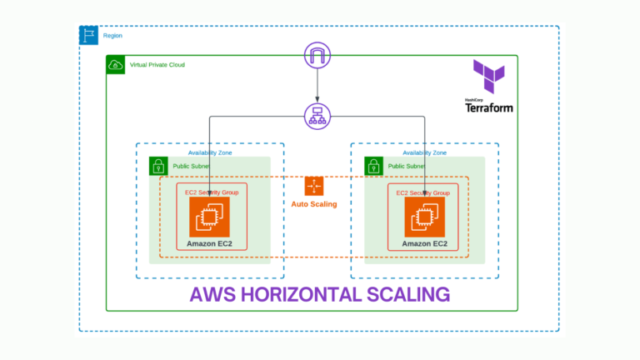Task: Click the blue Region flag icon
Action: tap(88, 35)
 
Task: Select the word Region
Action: tap(112, 36)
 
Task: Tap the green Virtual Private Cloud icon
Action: tap(116, 65)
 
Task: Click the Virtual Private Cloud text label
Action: tap(157, 65)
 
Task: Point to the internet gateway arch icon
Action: tap(317, 55)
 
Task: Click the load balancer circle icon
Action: tap(317, 117)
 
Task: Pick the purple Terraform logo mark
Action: tap(489, 77)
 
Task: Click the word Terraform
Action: tap(489, 107)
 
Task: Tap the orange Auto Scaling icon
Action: tap(314, 186)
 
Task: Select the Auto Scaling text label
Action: tap(314, 204)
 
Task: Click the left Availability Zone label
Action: tap(210, 152)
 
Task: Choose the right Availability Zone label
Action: tap(424, 152)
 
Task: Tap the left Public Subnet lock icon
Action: tap(158, 166)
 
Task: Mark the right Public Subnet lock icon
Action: tap(373, 166)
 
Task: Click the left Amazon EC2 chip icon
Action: tap(209, 217)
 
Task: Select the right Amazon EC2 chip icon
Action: tap(424, 217)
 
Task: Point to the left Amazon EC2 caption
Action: tap(209, 243)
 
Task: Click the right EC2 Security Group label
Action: tap(422, 192)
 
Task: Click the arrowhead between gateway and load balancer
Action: tap(317, 99)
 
